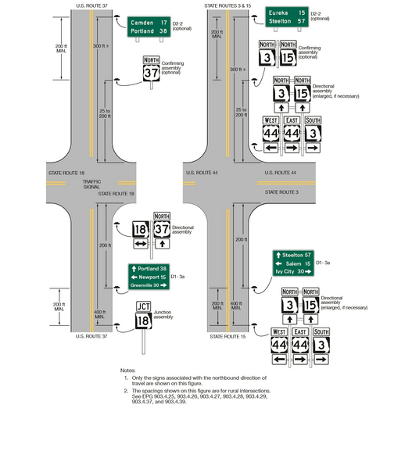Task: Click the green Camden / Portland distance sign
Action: (x=149, y=27)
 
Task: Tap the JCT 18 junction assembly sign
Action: (x=143, y=315)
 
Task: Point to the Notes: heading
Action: (x=128, y=370)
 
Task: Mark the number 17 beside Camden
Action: (x=163, y=23)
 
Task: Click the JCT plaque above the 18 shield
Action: (x=143, y=306)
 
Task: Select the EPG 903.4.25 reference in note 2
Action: (x=154, y=396)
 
